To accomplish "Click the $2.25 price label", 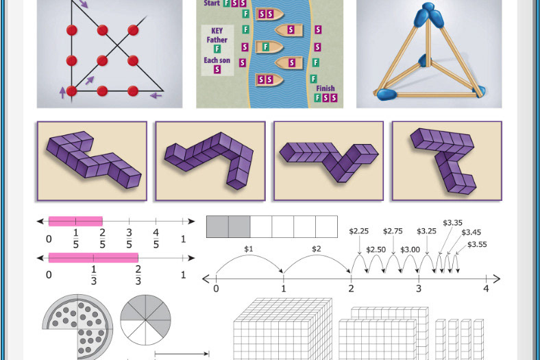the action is pos(359,231).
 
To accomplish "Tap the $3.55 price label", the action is pos(477,245).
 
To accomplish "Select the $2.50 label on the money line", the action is pos(376,250).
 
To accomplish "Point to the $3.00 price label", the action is pos(410,250).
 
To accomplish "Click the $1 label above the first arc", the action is pos(248,249).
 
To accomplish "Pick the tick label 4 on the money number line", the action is pos(486,289).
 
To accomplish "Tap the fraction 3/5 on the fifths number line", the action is pos(129,238).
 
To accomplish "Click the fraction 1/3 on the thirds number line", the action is pos(94,275).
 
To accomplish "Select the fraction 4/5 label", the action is pos(156,238).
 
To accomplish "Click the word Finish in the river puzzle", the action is pos(326,88).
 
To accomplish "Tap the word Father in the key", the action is pos(217,40).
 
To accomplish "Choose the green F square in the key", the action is pos(217,49).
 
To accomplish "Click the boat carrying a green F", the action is pos(269,47).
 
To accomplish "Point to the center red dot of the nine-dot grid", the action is pos(102,60).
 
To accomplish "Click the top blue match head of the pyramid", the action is pos(429,14).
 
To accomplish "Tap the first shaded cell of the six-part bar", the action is pos(217,227).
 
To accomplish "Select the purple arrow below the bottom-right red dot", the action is pos(156,95).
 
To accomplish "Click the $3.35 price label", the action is pos(452,223).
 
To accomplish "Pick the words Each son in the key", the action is pos(217,60).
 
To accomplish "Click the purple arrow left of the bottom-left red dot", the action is pos(62,93).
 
